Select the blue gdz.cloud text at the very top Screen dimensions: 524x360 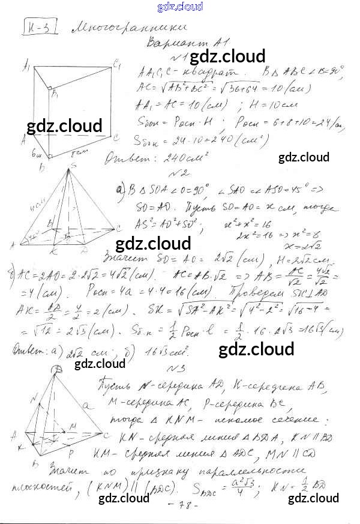tap(180, 7)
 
